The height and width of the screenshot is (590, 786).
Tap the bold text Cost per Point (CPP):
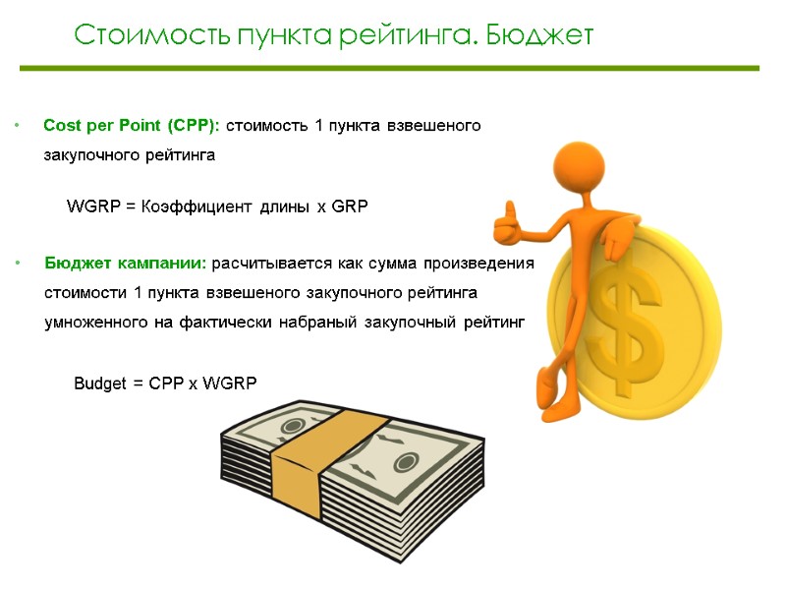[x=133, y=126]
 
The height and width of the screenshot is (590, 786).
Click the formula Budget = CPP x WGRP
[x=165, y=383]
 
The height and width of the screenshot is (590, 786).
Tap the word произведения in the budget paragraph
[x=482, y=264]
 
